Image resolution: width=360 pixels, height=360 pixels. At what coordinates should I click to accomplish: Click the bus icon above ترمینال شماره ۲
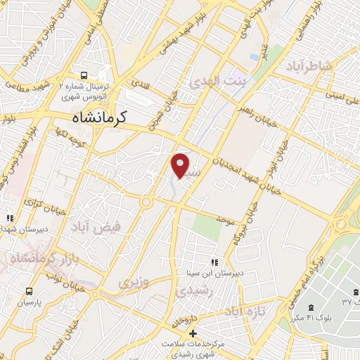tap(84, 74)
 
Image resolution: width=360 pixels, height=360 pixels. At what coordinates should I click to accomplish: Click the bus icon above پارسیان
tap(29, 290)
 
